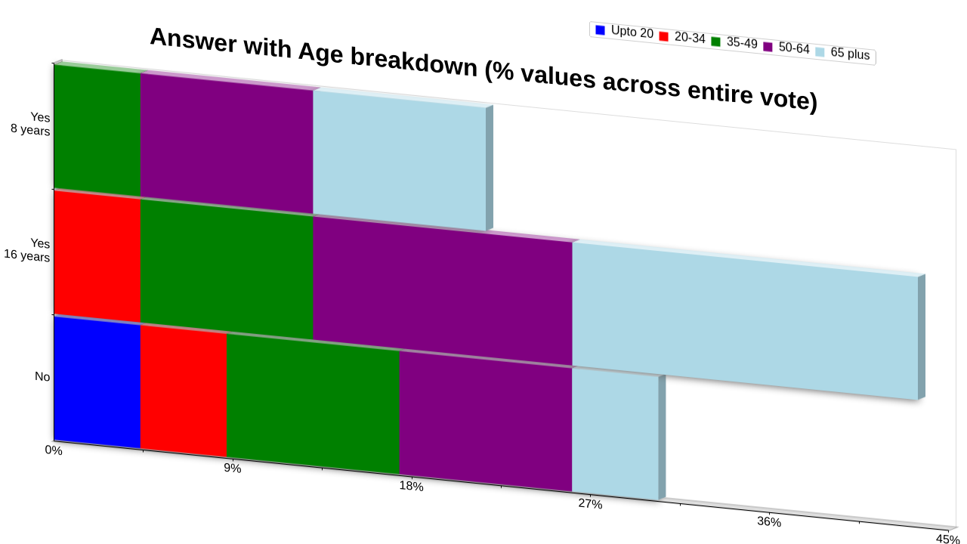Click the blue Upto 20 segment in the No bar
97,382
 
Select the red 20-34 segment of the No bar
184,391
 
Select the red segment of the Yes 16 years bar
97,256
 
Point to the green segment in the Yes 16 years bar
227,270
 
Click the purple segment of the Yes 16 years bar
443,291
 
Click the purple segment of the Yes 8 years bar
227,144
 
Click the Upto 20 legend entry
624,32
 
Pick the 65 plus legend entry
842,53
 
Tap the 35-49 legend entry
734,42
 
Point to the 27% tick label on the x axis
590,504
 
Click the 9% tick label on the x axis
232,468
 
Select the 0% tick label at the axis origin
54,450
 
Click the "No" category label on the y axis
42,377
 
